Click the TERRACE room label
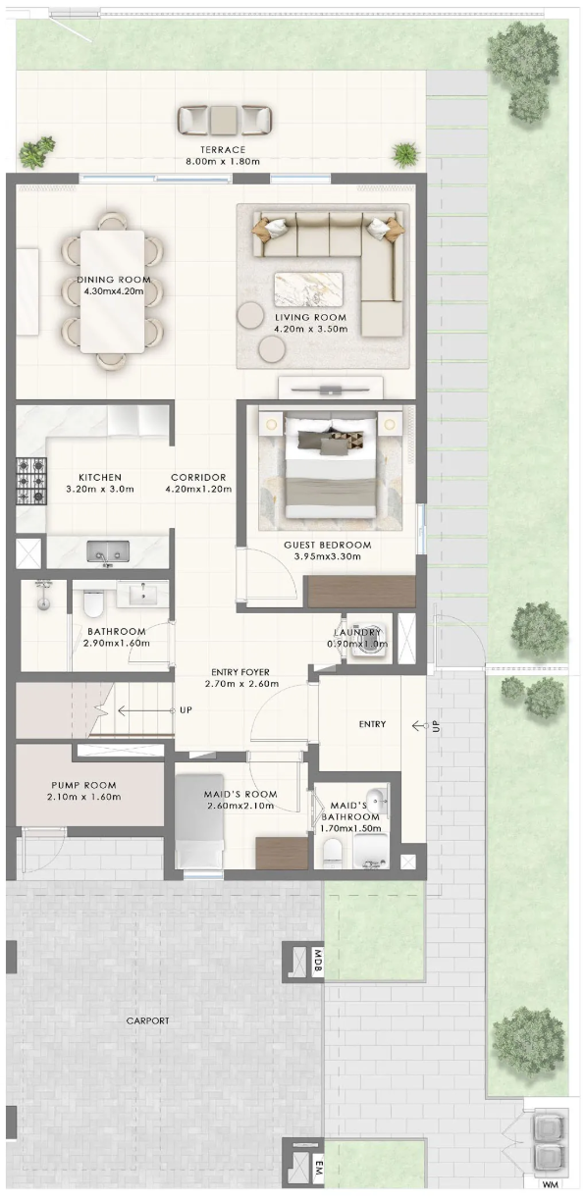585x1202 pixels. point(223,150)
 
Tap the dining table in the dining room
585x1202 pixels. point(112,291)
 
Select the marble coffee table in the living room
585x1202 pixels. point(308,289)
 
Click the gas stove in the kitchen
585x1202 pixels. point(30,482)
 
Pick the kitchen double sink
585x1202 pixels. point(108,551)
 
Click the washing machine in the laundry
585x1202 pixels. point(369,644)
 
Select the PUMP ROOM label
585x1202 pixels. point(83,785)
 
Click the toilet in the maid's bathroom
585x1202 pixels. point(333,852)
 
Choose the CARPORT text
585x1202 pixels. point(147,1020)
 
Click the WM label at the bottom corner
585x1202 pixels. point(549,1194)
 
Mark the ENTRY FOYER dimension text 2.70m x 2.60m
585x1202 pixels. point(242,684)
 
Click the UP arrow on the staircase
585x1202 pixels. point(146,710)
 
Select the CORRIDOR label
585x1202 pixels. point(198,477)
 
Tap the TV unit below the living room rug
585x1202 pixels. point(331,388)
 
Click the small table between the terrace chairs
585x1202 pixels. point(223,120)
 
